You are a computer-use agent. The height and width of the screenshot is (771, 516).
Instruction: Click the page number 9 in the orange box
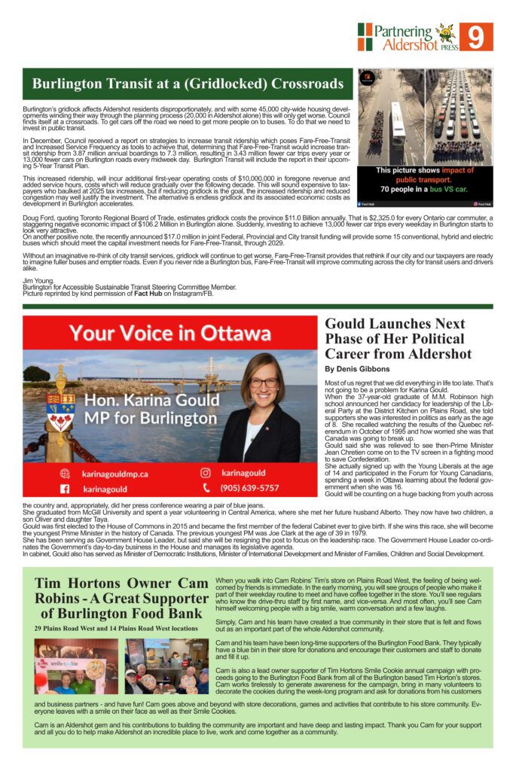tap(475, 37)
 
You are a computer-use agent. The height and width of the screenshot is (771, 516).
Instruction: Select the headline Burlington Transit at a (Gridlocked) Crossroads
tap(188, 83)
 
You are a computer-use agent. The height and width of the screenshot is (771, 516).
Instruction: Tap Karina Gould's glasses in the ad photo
tap(264, 382)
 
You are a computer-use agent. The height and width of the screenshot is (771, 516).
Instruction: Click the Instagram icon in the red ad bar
tap(205, 473)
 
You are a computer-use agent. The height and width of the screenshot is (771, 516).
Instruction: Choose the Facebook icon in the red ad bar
tap(66, 488)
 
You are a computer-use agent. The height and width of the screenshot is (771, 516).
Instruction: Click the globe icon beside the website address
tap(66, 474)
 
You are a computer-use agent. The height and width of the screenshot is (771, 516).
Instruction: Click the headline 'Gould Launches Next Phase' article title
tap(398, 338)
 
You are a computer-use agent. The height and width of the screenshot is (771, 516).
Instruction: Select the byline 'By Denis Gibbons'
tap(357, 369)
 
